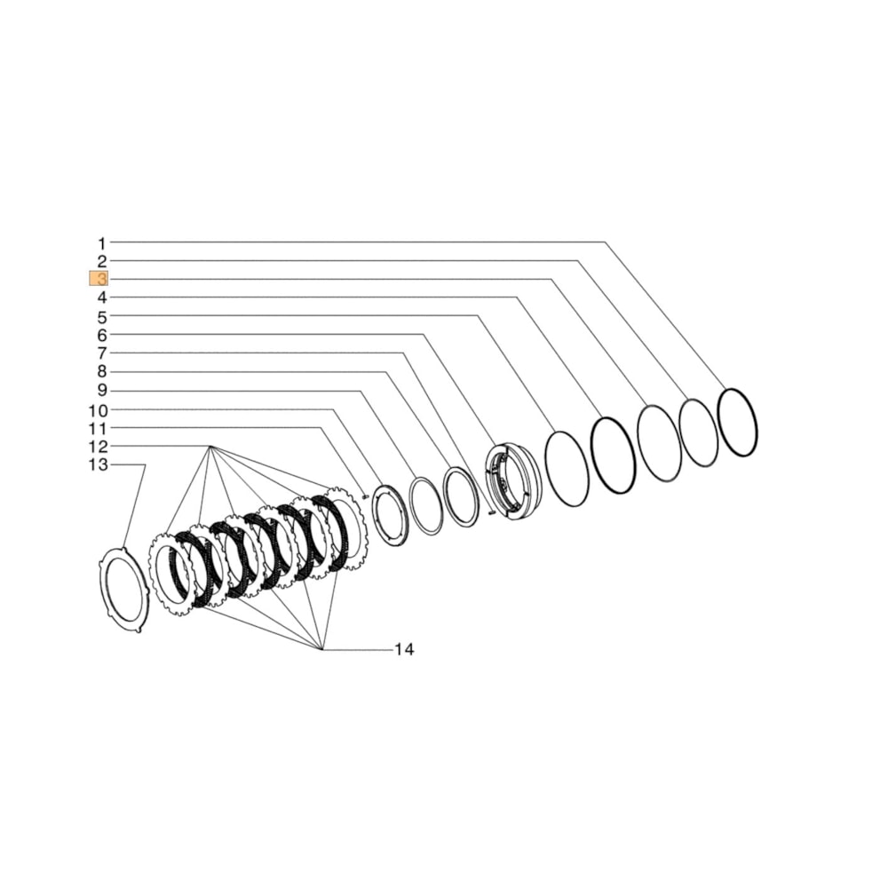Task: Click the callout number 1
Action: coord(101,242)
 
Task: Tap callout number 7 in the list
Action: coord(101,353)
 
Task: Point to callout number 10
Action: coord(98,410)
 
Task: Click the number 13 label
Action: coord(98,465)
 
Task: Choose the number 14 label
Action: coord(404,650)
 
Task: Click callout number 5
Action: coord(101,316)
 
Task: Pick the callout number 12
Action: coord(98,447)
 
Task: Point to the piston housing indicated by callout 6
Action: coord(512,481)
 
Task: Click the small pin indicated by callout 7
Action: coord(491,511)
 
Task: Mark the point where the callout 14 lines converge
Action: coord(321,650)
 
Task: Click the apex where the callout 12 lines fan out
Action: coord(210,447)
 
